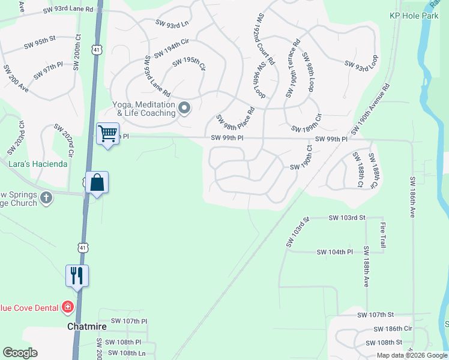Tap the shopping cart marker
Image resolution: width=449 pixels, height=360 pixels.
coord(108,133)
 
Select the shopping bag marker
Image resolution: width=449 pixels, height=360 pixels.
coord(97,182)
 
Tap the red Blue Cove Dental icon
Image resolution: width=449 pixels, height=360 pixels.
coord(68,308)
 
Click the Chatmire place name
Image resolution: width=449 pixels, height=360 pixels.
coord(86,326)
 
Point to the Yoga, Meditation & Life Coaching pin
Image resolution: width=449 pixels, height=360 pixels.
coord(185,109)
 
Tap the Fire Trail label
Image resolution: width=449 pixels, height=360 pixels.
coord(382,235)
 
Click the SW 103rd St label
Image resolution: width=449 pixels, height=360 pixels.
coord(347,217)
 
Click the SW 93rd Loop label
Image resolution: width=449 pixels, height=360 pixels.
coord(361,65)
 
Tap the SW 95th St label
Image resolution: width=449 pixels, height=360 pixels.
coord(40,41)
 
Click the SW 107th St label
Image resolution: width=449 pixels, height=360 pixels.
coord(375,314)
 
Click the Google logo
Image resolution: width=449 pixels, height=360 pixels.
coord(20,353)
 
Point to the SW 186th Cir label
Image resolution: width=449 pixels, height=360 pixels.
coord(393,329)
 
